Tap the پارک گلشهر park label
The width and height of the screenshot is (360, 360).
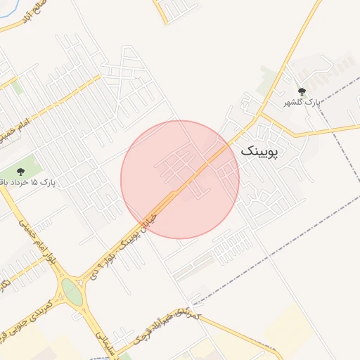point(302,103)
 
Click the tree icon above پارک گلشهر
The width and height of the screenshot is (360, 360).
point(302,91)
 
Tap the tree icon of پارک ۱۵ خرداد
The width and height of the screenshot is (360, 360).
point(20,171)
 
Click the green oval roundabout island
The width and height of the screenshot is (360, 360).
point(72,292)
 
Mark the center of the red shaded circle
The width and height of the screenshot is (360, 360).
point(180,180)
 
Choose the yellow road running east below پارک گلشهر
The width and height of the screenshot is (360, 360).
point(330,130)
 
